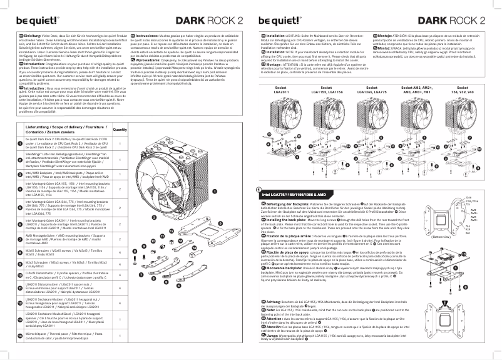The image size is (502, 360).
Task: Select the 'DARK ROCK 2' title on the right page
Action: [453, 19]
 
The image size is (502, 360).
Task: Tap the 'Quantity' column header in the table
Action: [120, 128]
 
